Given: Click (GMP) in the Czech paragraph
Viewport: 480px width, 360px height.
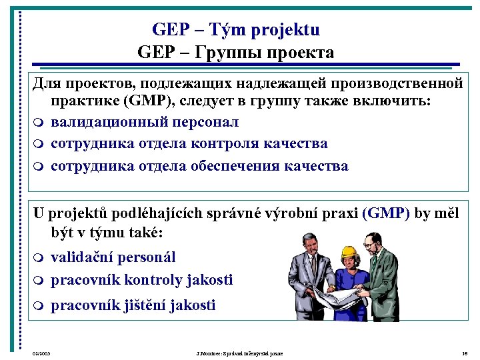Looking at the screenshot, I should pyautogui.click(x=385, y=213).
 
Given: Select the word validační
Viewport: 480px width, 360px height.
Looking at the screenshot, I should pyautogui.click(x=83, y=257).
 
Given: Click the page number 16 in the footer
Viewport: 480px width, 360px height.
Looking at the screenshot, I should pyautogui.click(x=464, y=352).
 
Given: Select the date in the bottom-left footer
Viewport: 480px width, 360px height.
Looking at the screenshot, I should pyautogui.click(x=42, y=352).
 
